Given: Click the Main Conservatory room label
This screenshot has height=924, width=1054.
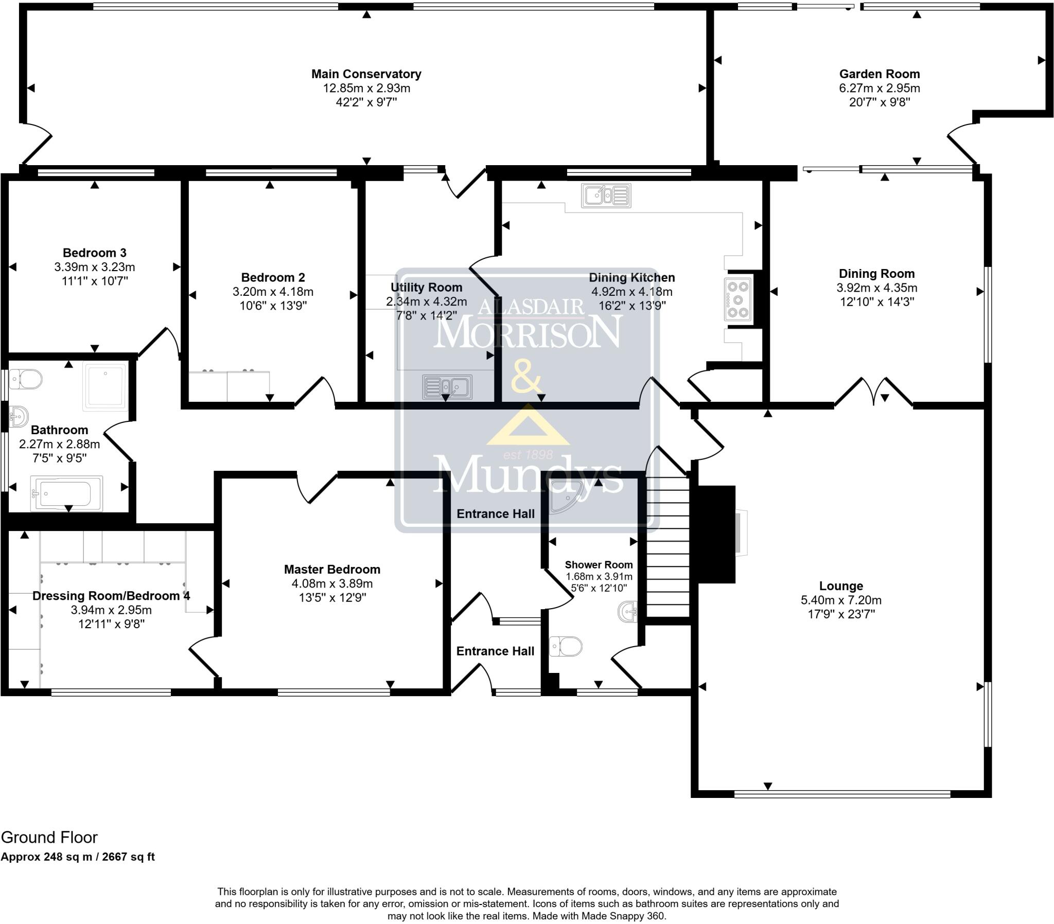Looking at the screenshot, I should coord(366,74).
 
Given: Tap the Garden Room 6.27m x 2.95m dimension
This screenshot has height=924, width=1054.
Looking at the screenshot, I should coord(879,88).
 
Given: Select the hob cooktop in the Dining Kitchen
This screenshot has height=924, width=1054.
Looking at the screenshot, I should coord(738,299).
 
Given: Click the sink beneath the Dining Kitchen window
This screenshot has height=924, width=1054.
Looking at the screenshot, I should coord(606,196).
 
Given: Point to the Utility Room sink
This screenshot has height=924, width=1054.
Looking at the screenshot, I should coord(447,387).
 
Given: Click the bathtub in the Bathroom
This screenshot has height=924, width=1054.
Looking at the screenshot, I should coord(66,493).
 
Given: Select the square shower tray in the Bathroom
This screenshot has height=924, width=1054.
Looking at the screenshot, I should coord(104,386).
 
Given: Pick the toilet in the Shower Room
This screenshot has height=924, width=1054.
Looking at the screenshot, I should coord(566,646).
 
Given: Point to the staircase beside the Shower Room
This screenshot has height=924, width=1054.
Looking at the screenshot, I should coord(668,546).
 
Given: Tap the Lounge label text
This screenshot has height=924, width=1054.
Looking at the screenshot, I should coord(840,587).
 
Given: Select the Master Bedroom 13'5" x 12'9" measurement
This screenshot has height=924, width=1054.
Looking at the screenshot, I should coord(332,598).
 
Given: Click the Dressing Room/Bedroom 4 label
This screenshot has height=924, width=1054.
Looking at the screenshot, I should coord(111,596).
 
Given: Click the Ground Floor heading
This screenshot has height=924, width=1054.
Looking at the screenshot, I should coord(49,838).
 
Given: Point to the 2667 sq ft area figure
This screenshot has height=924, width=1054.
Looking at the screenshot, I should coord(128,857).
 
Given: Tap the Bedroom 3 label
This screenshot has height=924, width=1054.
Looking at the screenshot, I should coord(94,253).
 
